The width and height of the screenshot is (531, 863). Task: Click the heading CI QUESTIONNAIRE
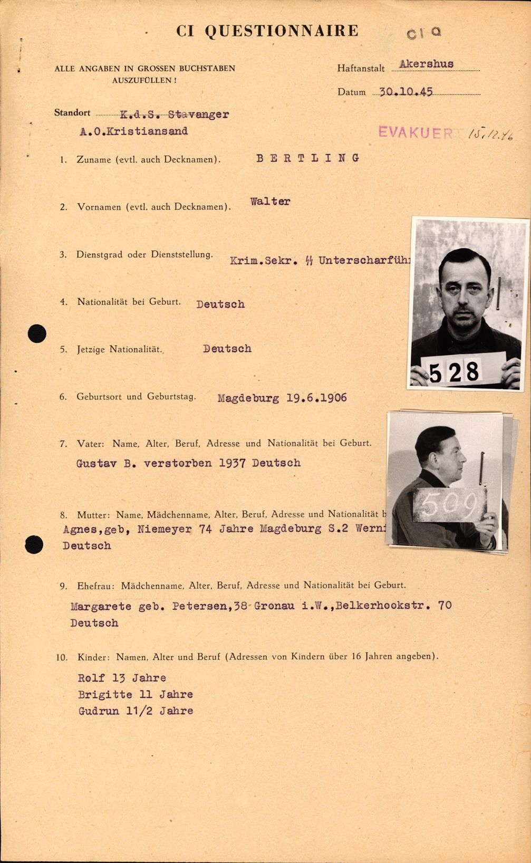267,31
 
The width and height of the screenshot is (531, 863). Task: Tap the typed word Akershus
426,64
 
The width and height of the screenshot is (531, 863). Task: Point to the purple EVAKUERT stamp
415,132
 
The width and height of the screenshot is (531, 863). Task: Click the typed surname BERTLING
308,158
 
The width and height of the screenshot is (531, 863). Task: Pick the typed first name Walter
270,201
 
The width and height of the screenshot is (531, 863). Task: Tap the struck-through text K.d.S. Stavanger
174,114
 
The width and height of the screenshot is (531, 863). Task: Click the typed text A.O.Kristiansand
132,131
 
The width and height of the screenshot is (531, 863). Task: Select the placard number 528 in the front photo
454,372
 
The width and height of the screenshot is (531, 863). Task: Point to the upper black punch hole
37,333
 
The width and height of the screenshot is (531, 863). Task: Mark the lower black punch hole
34,544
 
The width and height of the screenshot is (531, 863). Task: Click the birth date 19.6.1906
316,398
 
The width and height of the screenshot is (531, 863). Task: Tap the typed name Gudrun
98,711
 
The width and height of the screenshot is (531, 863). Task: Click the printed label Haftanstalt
361,68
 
